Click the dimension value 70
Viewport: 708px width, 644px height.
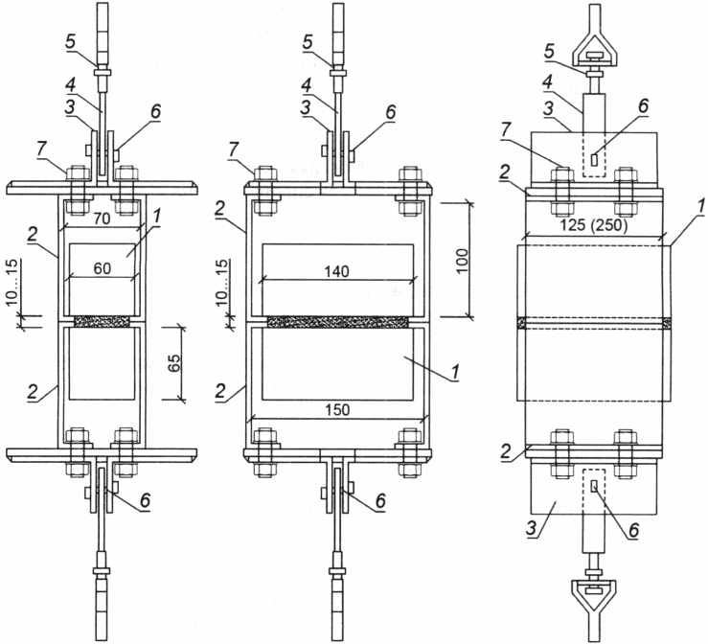coord(103,219)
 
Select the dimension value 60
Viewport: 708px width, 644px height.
coord(103,268)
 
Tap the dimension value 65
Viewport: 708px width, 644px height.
coord(174,361)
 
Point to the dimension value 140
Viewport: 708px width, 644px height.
coord(337,271)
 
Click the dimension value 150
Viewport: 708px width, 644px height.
coord(338,409)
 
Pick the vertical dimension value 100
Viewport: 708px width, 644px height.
coord(463,260)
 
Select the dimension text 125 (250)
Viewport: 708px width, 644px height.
coord(594,224)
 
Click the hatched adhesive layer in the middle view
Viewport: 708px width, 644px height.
coord(338,322)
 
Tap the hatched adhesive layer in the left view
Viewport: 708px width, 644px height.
coord(103,321)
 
